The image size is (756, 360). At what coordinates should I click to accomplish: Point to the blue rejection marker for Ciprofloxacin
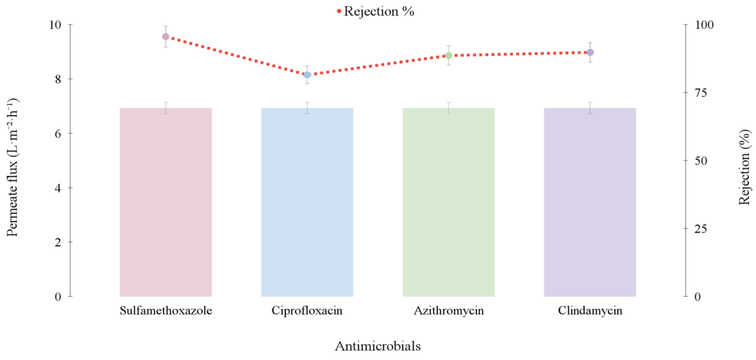[x=307, y=75]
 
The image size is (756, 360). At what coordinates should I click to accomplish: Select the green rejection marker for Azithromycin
[x=448, y=55]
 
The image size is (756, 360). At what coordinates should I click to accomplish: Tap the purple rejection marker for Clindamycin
[x=590, y=52]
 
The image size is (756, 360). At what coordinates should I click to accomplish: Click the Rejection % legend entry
[x=376, y=11]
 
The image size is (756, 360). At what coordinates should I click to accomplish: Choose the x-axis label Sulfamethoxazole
[x=166, y=311]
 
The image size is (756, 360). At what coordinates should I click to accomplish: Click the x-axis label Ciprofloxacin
[x=307, y=311]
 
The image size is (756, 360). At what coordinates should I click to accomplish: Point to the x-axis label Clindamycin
[x=590, y=311]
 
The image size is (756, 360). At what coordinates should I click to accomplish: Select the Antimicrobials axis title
[x=378, y=346]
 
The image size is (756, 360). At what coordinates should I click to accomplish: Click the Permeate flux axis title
[x=12, y=167]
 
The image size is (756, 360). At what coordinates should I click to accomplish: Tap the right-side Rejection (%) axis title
[x=744, y=167]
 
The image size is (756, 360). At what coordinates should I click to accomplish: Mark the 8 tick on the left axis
[x=58, y=79]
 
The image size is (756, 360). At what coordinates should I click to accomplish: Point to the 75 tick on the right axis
[x=701, y=93]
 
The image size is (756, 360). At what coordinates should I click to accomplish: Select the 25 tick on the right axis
[x=701, y=228]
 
